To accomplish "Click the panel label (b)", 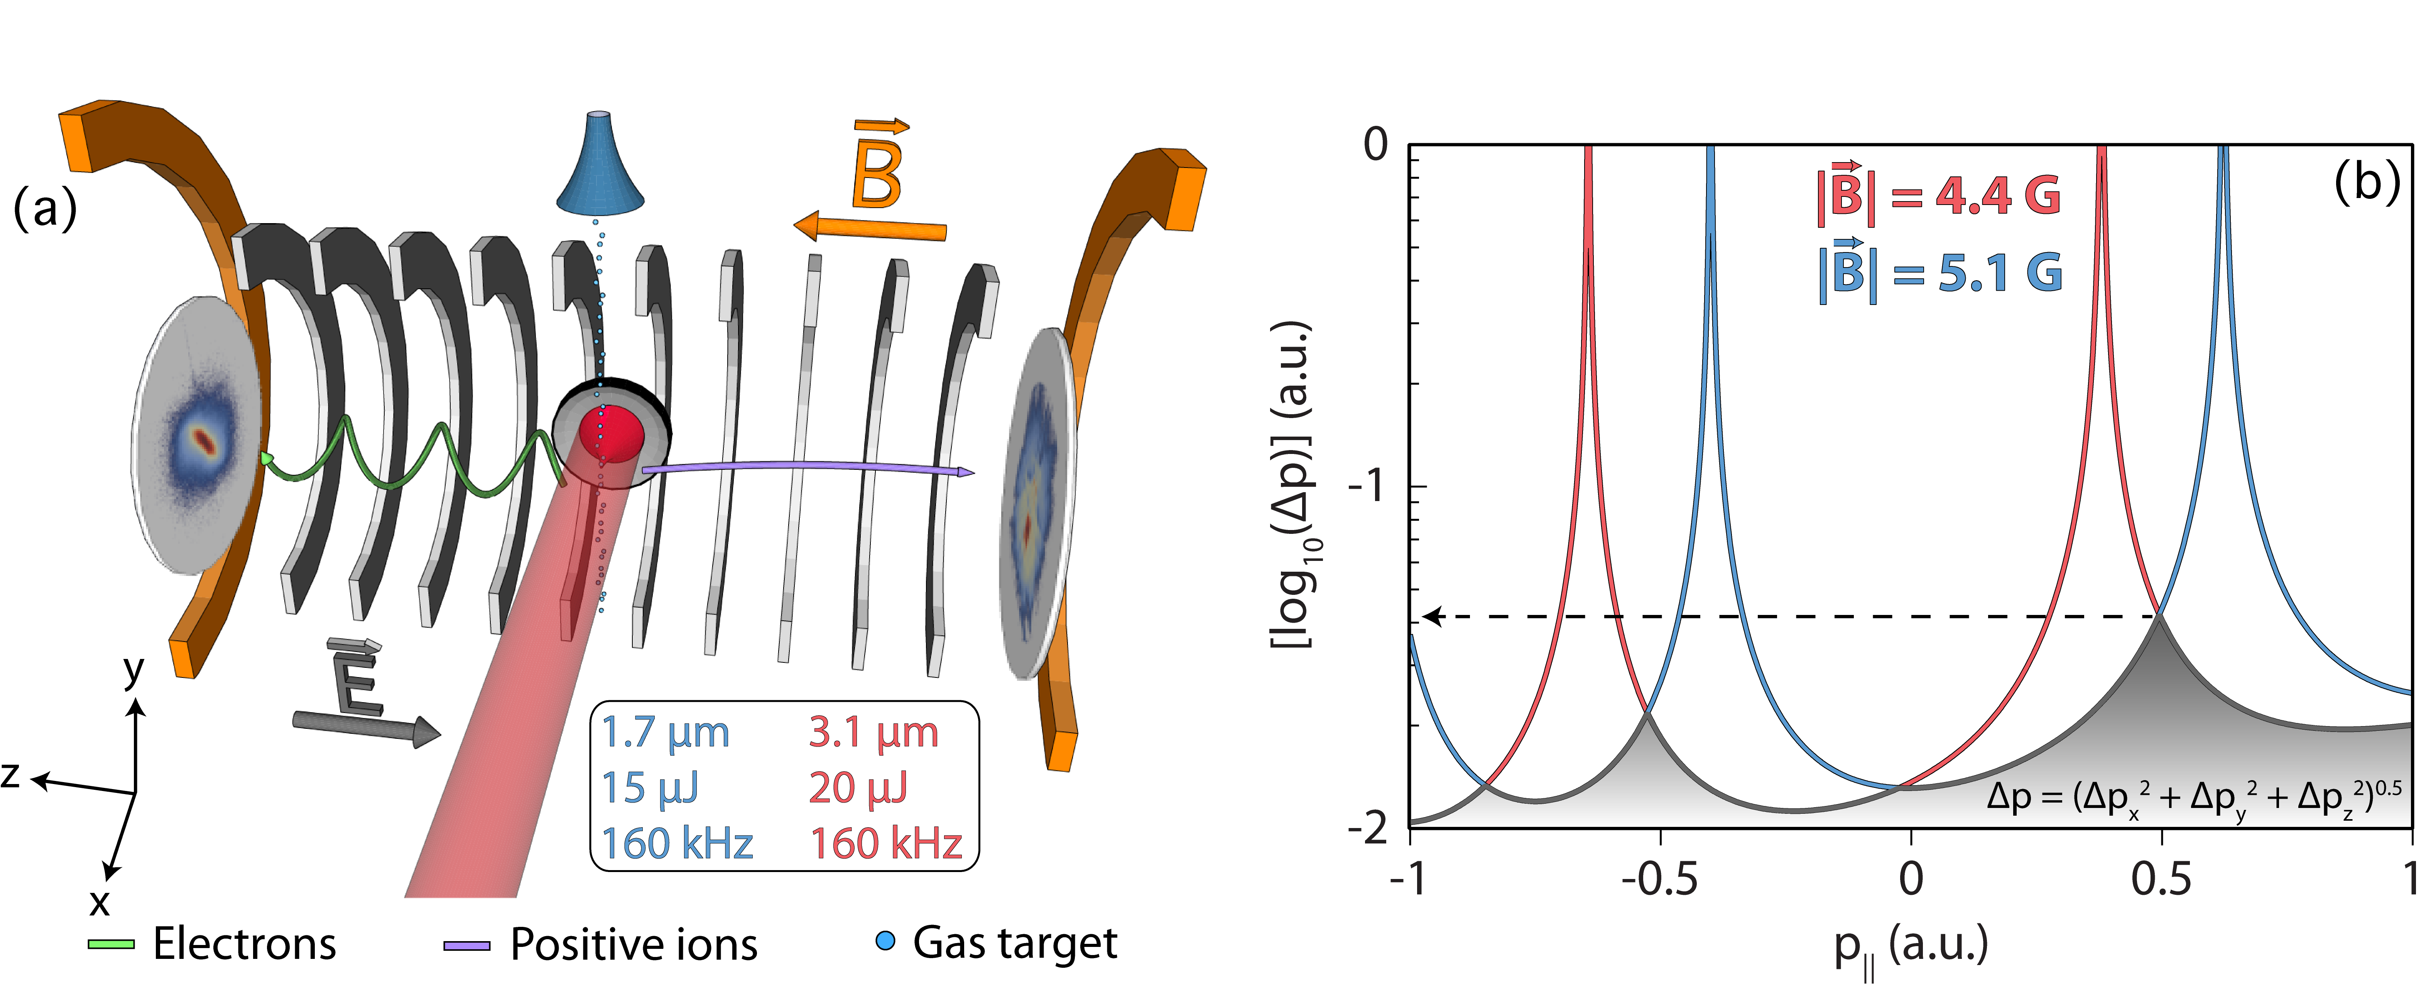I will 2366,181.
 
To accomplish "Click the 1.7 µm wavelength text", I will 665,733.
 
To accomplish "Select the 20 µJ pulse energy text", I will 857,787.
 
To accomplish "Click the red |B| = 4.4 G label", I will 1938,196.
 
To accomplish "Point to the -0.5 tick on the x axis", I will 1659,879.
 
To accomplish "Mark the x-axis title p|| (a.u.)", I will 1910,947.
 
